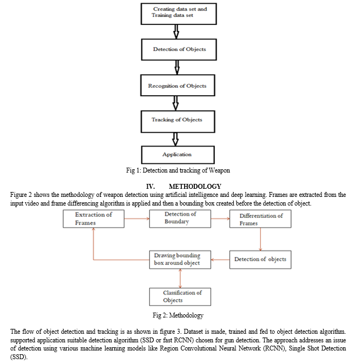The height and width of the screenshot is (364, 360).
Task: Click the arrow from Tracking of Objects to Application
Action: (x=175, y=140)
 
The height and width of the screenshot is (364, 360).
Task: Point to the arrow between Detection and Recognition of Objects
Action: (x=177, y=67)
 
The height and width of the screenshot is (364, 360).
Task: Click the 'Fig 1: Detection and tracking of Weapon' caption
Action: (x=178, y=170)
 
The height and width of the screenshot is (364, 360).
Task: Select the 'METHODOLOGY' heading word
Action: (x=195, y=187)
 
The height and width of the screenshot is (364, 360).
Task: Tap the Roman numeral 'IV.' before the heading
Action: (x=150, y=187)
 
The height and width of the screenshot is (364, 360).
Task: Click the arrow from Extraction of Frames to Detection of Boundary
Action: (x=137, y=219)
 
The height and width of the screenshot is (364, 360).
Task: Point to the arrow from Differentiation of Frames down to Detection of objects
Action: (x=260, y=239)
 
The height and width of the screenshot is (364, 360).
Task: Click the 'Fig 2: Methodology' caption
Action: (x=178, y=315)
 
